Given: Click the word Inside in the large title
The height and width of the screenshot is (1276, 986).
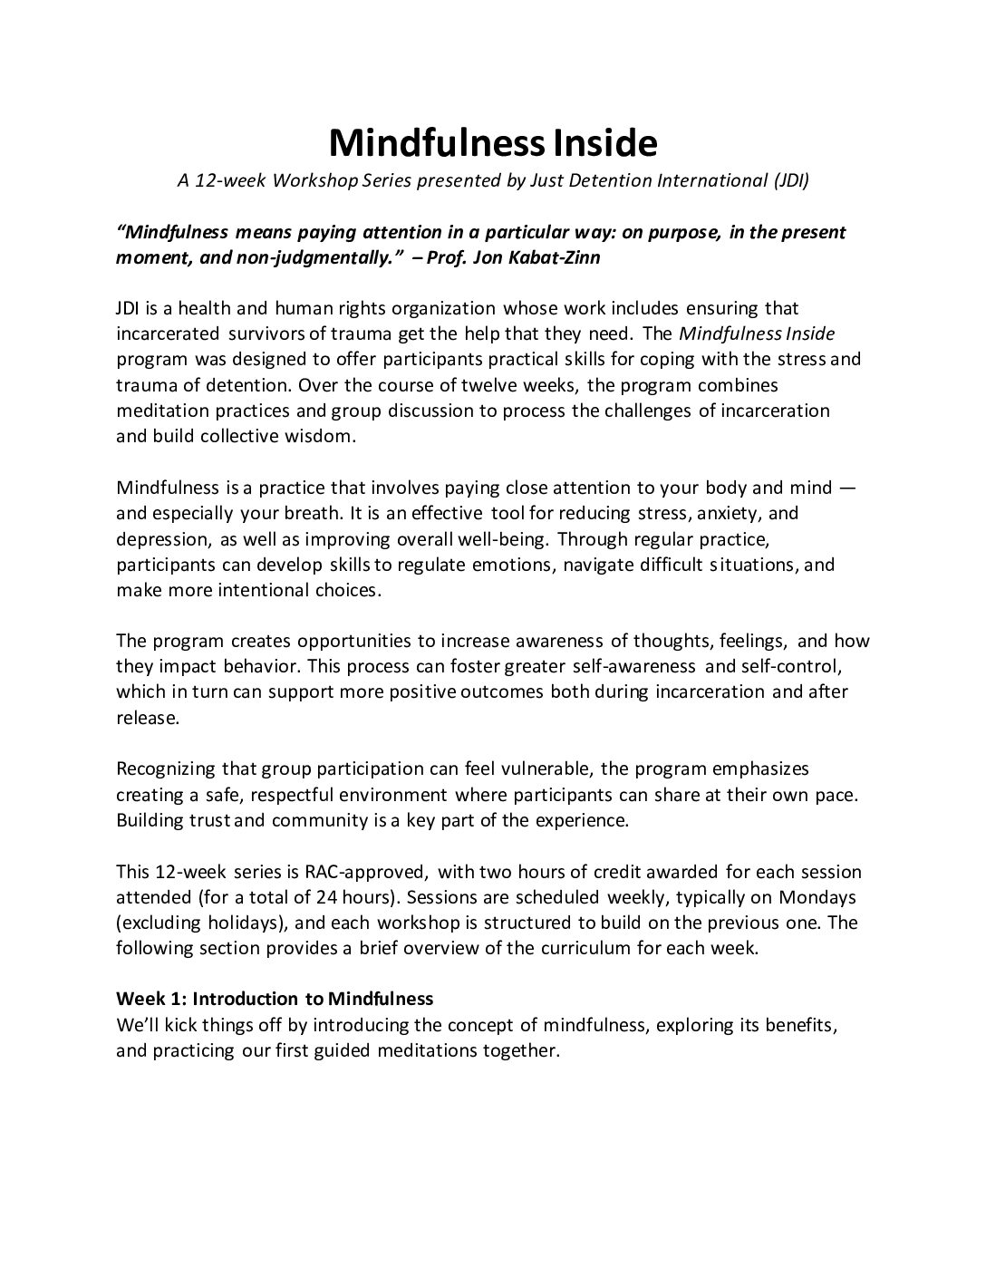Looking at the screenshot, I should click(603, 142).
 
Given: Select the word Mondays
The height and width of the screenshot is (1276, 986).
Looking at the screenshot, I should click(822, 897).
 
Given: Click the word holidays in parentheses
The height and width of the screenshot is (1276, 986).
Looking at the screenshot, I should click(228, 923).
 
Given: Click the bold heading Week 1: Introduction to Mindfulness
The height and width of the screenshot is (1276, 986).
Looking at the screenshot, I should click(275, 999).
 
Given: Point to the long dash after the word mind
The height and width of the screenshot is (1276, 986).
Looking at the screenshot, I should click(846, 488).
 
